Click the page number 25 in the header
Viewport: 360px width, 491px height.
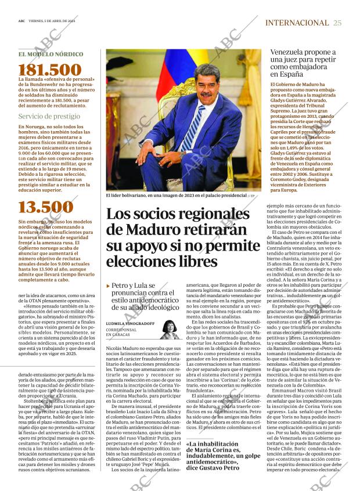[337, 23]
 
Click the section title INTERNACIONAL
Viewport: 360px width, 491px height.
[296, 23]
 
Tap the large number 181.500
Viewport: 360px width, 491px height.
[50, 70]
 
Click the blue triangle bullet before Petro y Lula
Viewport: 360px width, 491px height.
[109, 286]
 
